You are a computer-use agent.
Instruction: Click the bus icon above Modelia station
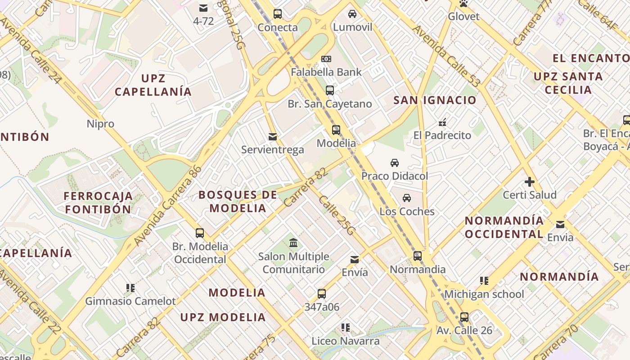[336, 130]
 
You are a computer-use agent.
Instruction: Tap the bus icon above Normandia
[418, 256]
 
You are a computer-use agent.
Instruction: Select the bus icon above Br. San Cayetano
[330, 90]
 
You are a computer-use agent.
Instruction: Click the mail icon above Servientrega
[272, 136]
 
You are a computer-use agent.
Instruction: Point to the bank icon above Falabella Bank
[326, 58]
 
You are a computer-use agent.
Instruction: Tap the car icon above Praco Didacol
[395, 162]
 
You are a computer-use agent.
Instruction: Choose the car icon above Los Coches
[407, 198]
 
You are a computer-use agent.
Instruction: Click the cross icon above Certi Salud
[530, 182]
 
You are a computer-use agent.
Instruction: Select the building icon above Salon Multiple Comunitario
[293, 243]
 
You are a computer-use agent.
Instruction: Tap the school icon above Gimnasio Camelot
[130, 288]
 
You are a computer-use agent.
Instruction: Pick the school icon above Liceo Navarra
[346, 328]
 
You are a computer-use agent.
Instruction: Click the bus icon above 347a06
[322, 294]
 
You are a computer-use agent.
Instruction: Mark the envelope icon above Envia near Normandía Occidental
[560, 224]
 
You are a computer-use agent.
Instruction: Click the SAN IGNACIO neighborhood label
[435, 100]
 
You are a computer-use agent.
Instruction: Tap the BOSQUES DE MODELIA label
[238, 201]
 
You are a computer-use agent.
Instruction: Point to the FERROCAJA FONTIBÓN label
[98, 202]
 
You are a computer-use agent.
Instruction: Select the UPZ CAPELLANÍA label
[153, 85]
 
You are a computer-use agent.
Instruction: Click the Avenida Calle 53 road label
[447, 56]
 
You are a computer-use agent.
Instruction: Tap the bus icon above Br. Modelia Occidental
[200, 233]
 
